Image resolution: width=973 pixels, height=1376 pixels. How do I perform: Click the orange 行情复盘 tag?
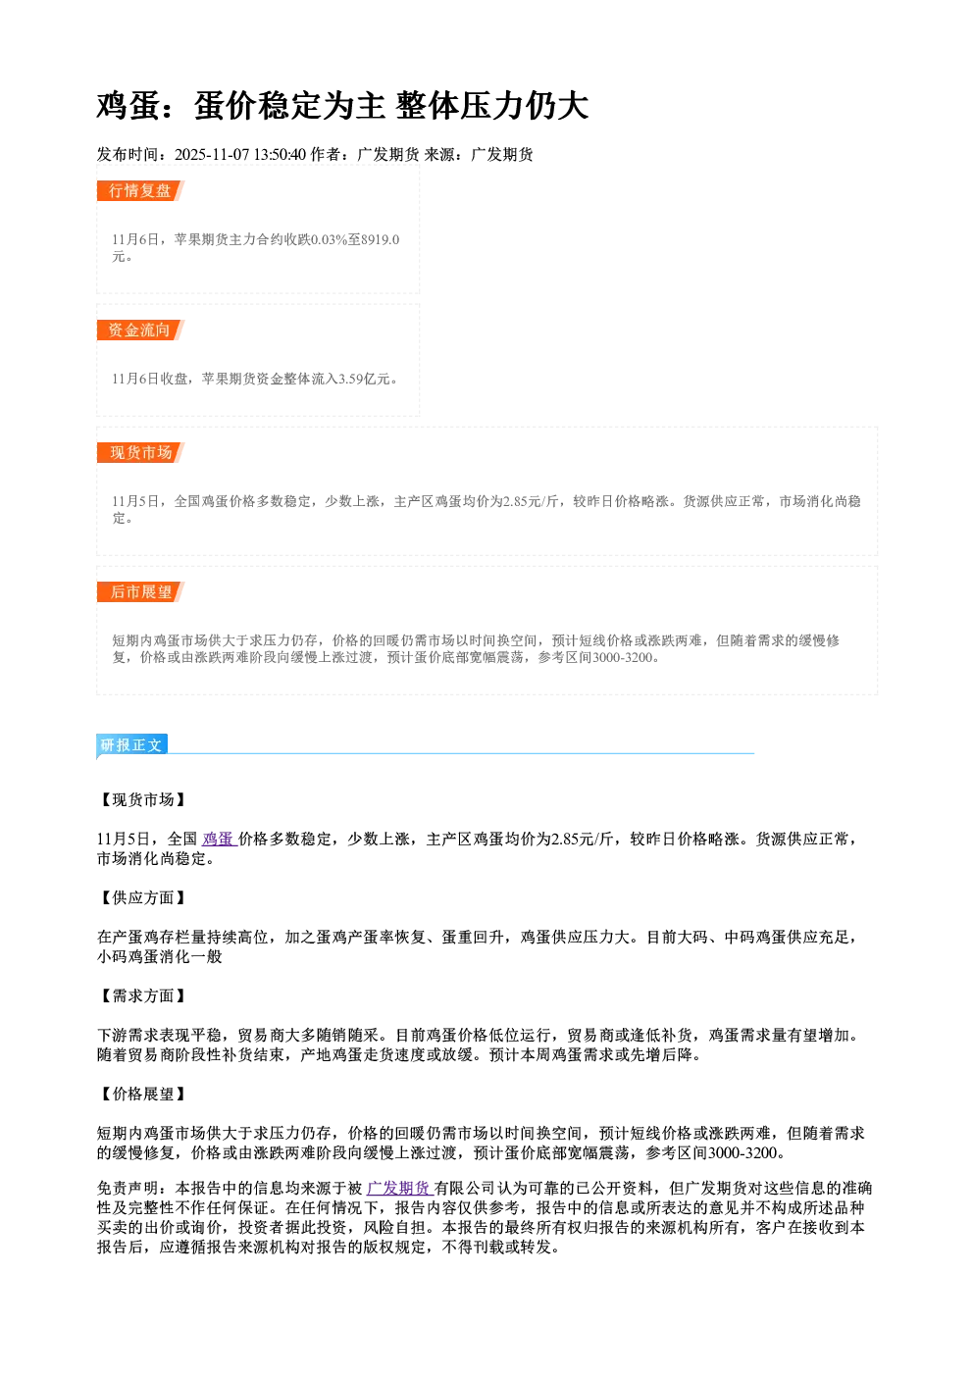pyautogui.click(x=140, y=190)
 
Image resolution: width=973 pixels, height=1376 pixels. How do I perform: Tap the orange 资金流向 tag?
pyautogui.click(x=140, y=330)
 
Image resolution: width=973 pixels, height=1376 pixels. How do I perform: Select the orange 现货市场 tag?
pyautogui.click(x=140, y=453)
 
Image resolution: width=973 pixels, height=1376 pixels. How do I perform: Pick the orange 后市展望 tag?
pyautogui.click(x=140, y=591)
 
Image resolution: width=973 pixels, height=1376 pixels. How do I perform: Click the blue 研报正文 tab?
pyautogui.click(x=131, y=745)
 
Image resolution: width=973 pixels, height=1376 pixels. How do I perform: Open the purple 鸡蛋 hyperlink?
pyautogui.click(x=219, y=839)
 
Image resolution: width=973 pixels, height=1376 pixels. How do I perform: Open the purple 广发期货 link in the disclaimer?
pyautogui.click(x=399, y=1188)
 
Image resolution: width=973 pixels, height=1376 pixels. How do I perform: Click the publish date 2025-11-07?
pyautogui.click(x=212, y=154)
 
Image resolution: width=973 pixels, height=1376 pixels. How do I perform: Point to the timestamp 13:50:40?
pyautogui.click(x=280, y=154)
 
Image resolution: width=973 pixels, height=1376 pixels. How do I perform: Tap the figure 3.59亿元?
pyautogui.click(x=364, y=379)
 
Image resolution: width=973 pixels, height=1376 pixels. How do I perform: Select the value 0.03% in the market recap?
pyautogui.click(x=328, y=239)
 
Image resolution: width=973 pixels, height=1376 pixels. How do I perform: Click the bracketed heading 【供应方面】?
pyautogui.click(x=142, y=897)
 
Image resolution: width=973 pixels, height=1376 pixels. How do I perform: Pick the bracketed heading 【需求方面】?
pyautogui.click(x=142, y=995)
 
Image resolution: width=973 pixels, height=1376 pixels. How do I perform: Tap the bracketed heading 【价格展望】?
pyautogui.click(x=142, y=1094)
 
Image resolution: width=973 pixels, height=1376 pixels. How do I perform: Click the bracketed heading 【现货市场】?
pyautogui.click(x=142, y=799)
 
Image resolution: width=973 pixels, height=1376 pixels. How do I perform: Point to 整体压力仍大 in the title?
pyautogui.click(x=492, y=105)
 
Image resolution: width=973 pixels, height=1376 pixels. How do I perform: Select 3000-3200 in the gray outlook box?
pyautogui.click(x=621, y=657)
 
